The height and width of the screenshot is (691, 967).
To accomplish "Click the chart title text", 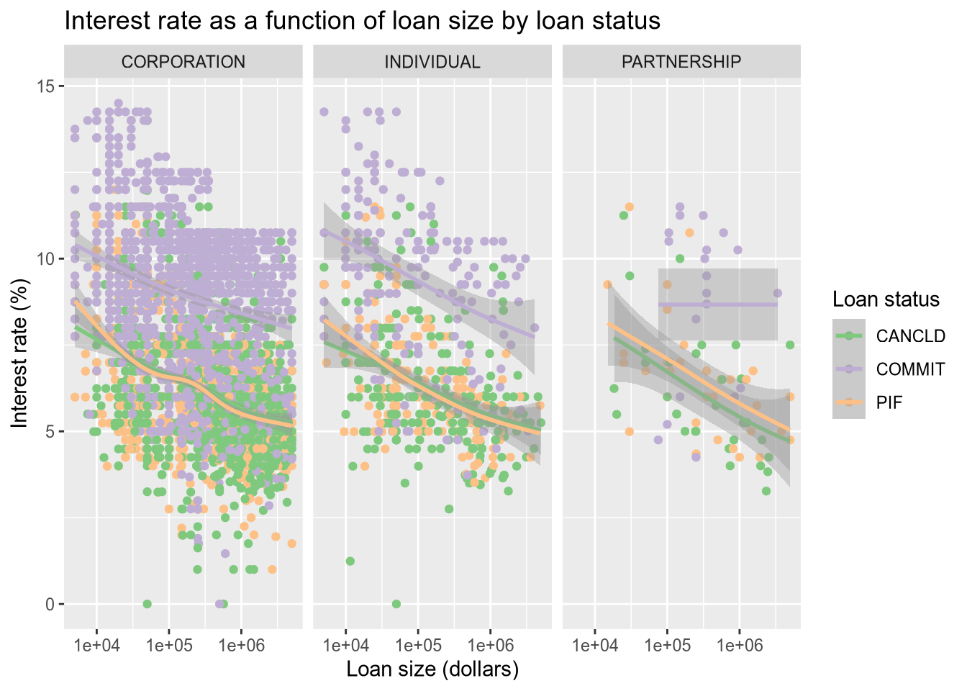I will coord(363,21).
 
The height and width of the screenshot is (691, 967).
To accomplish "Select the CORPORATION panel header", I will coord(183,62).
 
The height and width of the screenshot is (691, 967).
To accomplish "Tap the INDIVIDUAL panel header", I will coord(432,62).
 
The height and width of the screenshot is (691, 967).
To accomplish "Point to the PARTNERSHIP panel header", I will coord(681,62).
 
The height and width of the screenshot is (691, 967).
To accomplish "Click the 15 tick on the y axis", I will coord(50,86).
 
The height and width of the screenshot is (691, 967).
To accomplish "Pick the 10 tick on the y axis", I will coord(50,259).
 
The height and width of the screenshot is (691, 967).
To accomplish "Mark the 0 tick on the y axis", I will coord(52,604).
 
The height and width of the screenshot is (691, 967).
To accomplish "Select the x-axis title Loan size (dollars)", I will coord(432,669).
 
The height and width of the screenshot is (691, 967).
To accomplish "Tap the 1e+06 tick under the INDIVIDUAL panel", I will coord(490,645).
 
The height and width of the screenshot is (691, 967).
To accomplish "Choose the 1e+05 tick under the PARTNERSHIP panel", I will coord(667,645).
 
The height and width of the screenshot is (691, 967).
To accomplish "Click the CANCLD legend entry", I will coord(910,336).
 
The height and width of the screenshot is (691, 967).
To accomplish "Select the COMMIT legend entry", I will coord(910,369).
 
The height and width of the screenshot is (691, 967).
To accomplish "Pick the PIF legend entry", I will coord(889,402).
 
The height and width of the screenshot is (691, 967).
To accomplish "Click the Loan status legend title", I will coord(886,299).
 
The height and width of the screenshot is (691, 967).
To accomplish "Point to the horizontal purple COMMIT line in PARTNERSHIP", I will coord(719,304).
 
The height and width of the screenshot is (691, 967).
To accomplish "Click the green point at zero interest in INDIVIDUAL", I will coord(396,604).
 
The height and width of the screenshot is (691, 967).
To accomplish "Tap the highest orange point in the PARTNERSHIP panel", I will coord(629,207).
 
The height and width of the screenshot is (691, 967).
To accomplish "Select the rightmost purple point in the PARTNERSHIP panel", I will coord(777,293).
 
